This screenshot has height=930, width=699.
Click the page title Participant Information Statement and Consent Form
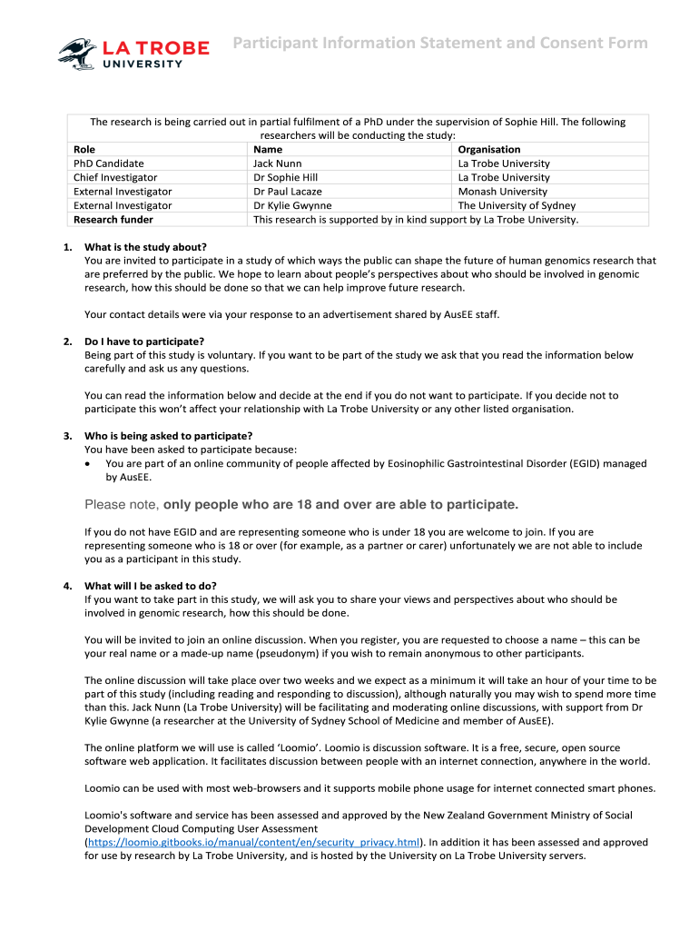[x=439, y=44]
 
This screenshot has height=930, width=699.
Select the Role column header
[x=84, y=150]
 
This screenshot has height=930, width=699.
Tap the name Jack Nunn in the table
[x=278, y=163]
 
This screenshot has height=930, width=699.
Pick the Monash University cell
[x=502, y=192]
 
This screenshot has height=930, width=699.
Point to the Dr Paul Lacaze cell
[x=288, y=192]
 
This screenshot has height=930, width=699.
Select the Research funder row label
[x=113, y=220]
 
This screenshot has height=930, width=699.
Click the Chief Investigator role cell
[x=115, y=178]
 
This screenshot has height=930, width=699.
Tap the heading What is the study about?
[x=145, y=247]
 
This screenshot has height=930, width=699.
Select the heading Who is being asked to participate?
[x=168, y=436]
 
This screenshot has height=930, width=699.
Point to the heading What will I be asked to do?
[x=151, y=586]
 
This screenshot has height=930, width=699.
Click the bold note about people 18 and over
[x=301, y=505]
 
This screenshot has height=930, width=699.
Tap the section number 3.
[x=68, y=436]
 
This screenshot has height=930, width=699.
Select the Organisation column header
[x=489, y=150]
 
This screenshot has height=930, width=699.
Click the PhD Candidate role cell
[x=109, y=163]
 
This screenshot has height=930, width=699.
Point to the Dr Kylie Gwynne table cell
[x=292, y=205]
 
